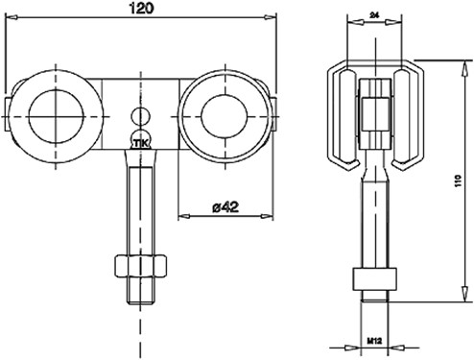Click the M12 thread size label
(x=375, y=339)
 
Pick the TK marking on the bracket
(x=140, y=143)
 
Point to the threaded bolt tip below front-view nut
(x=140, y=293)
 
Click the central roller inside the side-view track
(x=375, y=115)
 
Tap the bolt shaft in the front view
(x=140, y=206)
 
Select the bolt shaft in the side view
(x=375, y=221)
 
